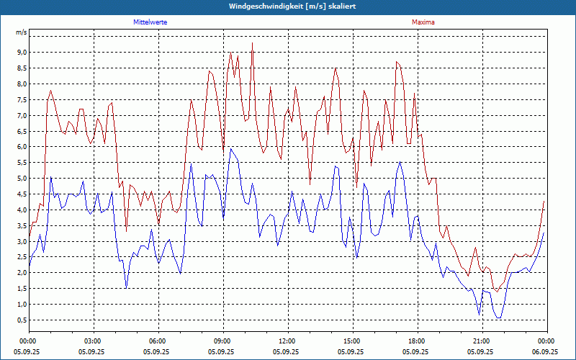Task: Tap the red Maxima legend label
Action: (423, 22)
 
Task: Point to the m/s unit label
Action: (22, 32)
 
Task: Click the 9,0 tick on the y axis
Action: (21, 53)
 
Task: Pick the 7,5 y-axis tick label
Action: (21, 99)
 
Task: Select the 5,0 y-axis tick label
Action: (21, 179)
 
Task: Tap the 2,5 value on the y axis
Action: (21, 257)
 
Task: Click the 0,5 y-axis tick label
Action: (21, 320)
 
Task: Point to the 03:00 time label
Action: (93, 341)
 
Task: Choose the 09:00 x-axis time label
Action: (222, 341)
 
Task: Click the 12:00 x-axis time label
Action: (287, 341)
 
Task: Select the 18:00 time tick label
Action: (416, 341)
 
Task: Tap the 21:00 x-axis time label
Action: (481, 341)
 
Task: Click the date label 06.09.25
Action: (545, 352)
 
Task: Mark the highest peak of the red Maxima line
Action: (252, 43)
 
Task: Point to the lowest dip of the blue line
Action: (498, 318)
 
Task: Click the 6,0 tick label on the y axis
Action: (21, 147)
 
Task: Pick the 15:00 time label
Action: (351, 341)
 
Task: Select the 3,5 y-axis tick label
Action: (21, 225)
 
